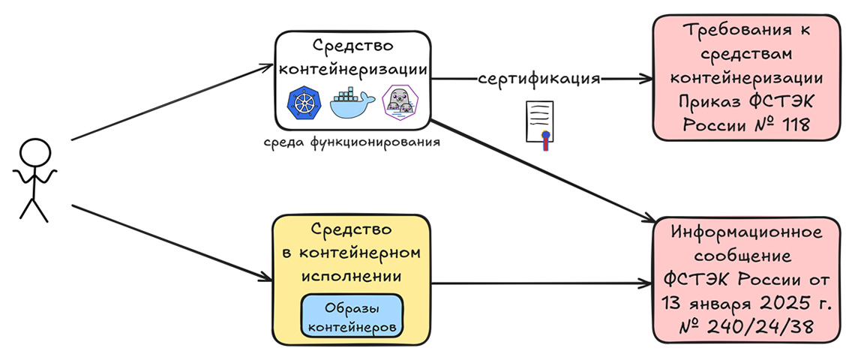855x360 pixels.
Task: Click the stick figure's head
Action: tap(33, 152)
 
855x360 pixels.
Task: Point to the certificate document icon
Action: tap(538, 124)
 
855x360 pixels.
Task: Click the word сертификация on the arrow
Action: tap(539, 79)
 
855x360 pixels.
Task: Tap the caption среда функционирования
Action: tap(351, 141)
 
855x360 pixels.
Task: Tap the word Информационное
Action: tap(743, 232)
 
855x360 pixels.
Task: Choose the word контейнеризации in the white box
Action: tap(352, 68)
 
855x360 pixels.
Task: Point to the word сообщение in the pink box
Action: tap(743, 256)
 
